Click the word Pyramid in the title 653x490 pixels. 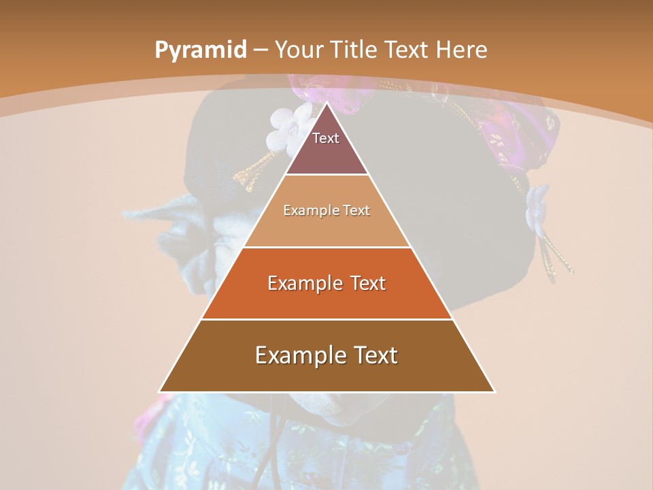click(199, 50)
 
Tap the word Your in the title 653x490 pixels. click(300, 50)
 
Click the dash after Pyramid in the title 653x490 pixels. click(260, 50)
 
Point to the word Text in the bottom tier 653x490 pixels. click(373, 355)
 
